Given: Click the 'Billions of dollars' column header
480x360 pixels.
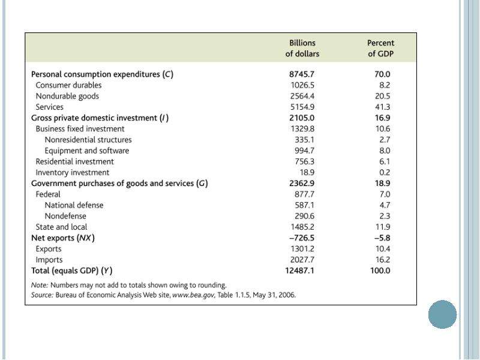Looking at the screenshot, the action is pyautogui.click(x=302, y=49).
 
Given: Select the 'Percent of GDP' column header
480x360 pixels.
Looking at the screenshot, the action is pyautogui.click(x=380, y=49).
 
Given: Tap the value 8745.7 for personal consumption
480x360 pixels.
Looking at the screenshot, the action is pyautogui.click(x=302, y=74).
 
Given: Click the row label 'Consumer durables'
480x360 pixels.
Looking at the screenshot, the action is pyautogui.click(x=68, y=85).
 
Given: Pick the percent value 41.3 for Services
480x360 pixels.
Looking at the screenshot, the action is pyautogui.click(x=382, y=107).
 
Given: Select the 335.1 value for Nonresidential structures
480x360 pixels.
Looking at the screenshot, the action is pyautogui.click(x=304, y=140).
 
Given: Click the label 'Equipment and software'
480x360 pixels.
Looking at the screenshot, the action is pyautogui.click(x=87, y=151).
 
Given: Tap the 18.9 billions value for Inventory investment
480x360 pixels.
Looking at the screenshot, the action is pyautogui.click(x=307, y=173).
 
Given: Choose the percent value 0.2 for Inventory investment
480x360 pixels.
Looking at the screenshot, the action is pyautogui.click(x=385, y=173).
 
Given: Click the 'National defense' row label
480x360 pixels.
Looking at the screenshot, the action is pyautogui.click(x=74, y=205).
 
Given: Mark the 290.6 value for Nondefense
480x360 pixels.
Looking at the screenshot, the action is pyautogui.click(x=304, y=216).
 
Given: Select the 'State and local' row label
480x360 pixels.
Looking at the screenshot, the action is pyautogui.click(x=61, y=227).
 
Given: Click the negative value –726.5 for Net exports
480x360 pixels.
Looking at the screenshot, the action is pyautogui.click(x=302, y=238).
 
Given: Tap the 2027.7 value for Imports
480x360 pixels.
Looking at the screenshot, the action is pyautogui.click(x=302, y=260).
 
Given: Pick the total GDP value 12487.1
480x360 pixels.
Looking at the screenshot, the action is pyautogui.click(x=299, y=271).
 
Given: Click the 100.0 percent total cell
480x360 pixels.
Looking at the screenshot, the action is pyautogui.click(x=380, y=271).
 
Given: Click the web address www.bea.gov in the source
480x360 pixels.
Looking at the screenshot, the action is pyautogui.click(x=194, y=295).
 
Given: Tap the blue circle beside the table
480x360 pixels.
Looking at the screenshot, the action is pyautogui.click(x=442, y=314).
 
